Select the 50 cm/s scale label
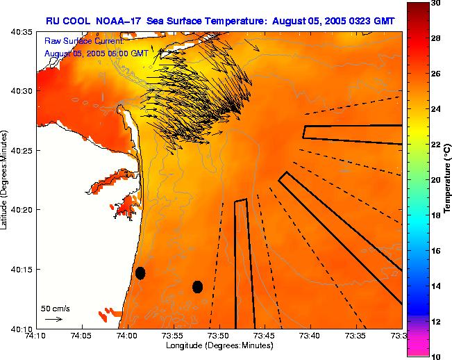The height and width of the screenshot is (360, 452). point(56,308)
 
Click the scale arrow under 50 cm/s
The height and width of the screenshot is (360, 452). point(53,319)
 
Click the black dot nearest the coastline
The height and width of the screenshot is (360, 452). point(140,272)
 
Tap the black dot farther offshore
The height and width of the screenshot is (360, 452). point(197,286)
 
